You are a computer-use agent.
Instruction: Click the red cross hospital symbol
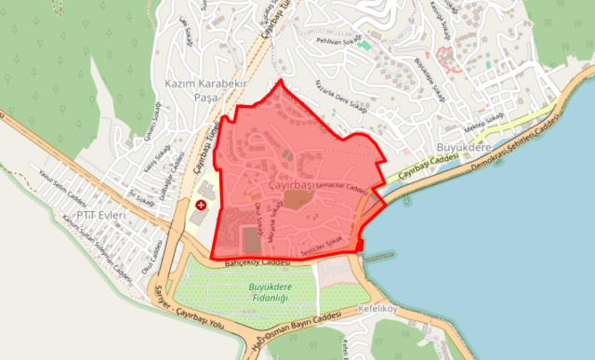[x=200, y=204]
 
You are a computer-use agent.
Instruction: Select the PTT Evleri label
[x=99, y=214]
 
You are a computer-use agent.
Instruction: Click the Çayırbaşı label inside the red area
[x=292, y=187]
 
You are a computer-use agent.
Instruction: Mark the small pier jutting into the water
[x=377, y=256]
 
